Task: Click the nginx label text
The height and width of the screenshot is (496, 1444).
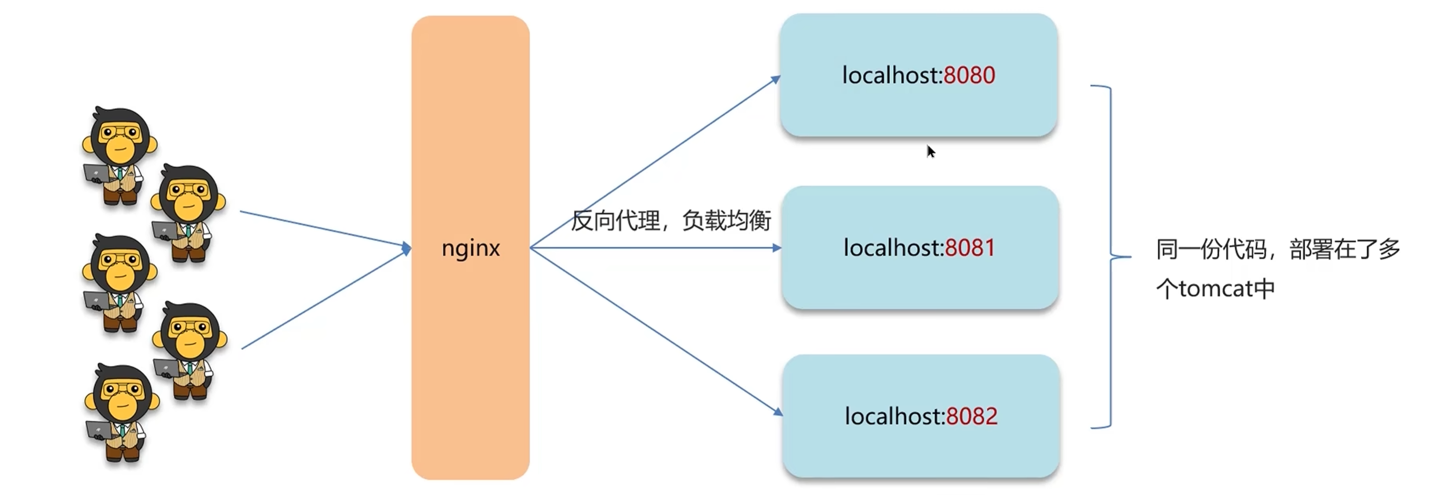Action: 470,248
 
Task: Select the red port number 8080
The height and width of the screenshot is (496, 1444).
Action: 969,75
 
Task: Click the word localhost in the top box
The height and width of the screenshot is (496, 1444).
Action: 891,75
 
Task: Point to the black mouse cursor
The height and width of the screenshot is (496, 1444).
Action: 931,151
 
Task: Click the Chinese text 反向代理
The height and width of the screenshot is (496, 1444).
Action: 616,220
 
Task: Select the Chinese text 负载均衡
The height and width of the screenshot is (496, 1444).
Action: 727,220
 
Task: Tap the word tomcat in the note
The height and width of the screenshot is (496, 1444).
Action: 1215,289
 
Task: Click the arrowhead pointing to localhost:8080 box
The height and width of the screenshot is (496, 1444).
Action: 776,79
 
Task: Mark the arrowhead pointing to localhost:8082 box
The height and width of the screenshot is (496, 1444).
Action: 778,413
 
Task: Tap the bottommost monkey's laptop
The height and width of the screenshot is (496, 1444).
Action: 99,430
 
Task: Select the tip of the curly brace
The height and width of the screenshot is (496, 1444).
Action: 1129,257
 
